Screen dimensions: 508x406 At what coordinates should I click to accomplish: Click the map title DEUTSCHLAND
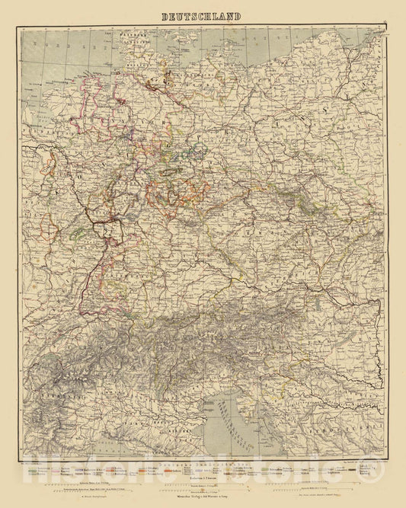pos(202,16)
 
